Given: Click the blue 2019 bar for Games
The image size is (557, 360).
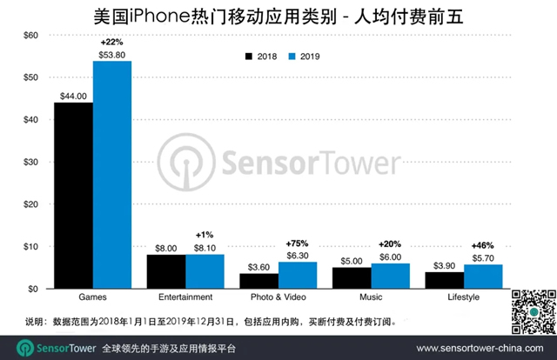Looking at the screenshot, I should (112, 174).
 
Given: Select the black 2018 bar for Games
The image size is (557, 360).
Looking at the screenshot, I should (74, 196).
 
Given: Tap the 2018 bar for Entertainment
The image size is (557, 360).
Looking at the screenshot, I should (166, 271).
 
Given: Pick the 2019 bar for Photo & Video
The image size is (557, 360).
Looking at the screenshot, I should (299, 275).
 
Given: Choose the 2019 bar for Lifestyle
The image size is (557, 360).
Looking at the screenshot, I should (484, 277).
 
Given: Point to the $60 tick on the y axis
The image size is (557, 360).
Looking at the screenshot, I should (30, 35).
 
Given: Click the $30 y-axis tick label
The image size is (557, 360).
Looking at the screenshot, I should (30, 162).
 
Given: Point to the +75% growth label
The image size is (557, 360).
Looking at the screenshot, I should (298, 243).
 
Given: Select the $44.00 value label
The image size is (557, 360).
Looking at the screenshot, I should (74, 95).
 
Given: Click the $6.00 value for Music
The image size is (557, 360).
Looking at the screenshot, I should (391, 257).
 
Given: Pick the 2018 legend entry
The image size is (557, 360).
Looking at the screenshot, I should (258, 57).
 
